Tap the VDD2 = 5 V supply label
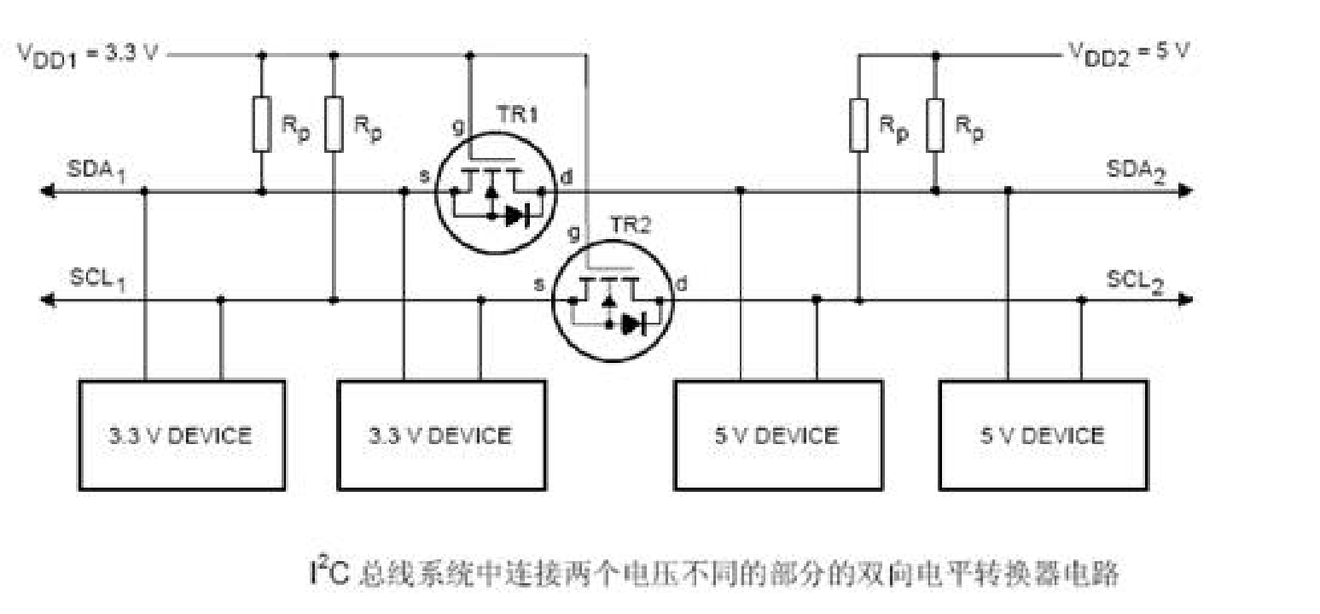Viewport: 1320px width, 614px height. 1128,50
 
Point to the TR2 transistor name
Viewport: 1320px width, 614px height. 631,225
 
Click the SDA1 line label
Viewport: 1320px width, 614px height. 97,170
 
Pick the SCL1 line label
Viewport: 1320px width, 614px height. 97,279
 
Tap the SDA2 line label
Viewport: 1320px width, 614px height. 1136,170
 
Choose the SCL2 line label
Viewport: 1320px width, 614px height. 1136,279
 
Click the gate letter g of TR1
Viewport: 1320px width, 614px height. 458,126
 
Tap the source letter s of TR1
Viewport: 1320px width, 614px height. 424,176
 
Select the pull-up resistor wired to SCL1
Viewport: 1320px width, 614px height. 334,125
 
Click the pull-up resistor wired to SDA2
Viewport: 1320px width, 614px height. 935,125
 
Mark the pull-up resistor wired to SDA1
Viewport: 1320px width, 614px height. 262,125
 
